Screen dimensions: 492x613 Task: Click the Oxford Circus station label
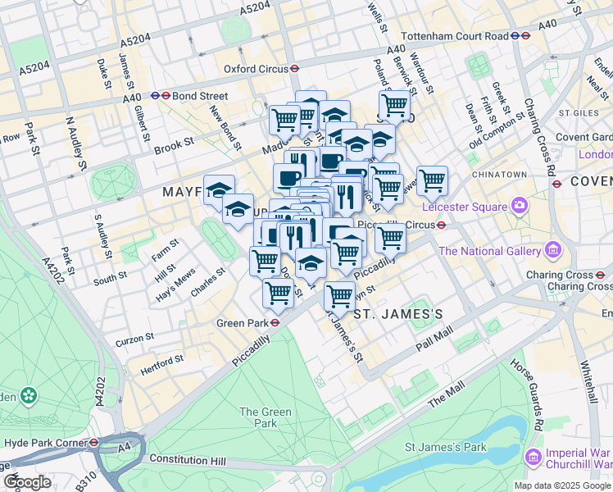tap(257, 70)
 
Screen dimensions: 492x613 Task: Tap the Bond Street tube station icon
tap(166, 95)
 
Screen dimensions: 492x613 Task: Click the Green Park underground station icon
tap(277, 323)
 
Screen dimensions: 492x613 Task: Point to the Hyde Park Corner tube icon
tap(95, 442)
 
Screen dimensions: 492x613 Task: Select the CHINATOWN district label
tap(498, 175)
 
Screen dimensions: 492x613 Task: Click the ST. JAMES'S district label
tap(398, 314)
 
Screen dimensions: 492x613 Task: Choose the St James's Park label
tap(446, 447)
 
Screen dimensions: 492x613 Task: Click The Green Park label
tap(258, 417)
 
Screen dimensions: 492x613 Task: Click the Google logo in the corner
tap(28, 482)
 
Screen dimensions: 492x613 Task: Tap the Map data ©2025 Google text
tap(562, 485)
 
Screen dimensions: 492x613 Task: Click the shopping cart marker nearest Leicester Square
tap(432, 181)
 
